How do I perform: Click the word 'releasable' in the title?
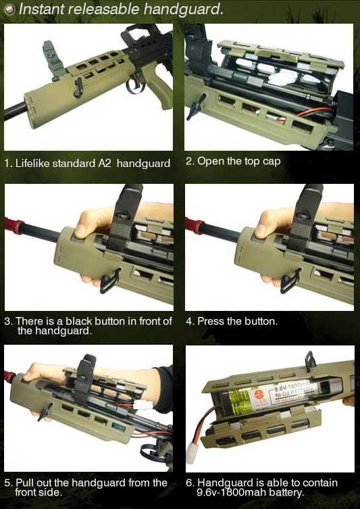click(x=105, y=9)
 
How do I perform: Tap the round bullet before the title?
click(x=10, y=10)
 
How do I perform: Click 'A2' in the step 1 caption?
click(x=105, y=163)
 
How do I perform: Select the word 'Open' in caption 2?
click(x=210, y=162)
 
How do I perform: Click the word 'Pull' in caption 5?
click(x=22, y=483)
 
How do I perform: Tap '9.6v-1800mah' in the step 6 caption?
click(x=232, y=493)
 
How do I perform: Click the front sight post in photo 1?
click(x=51, y=60)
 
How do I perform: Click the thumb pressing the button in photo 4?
click(x=263, y=229)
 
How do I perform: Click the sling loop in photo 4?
click(x=290, y=281)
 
